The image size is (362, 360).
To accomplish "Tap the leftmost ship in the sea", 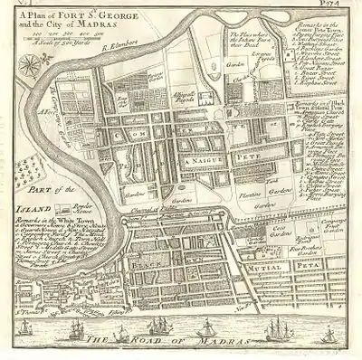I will [x=25, y=321].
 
